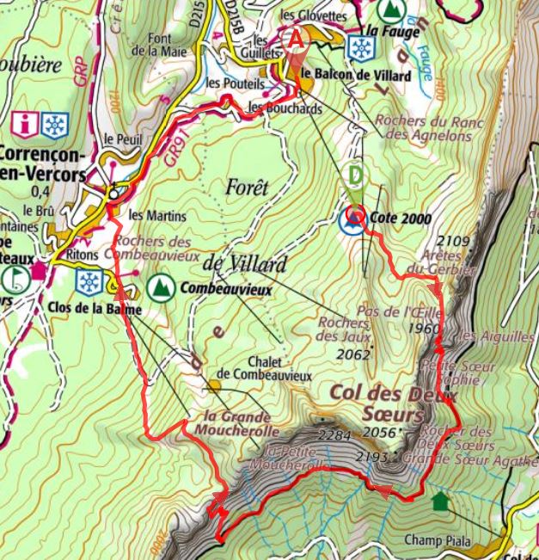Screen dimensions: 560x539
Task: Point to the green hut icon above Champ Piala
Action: pos(441,501)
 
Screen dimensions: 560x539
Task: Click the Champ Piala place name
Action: pos(434,540)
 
